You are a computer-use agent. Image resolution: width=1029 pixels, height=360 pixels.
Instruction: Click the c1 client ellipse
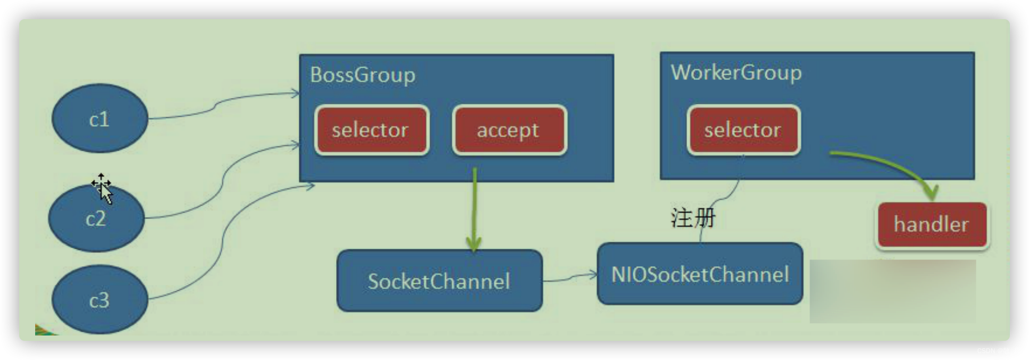[x=100, y=119]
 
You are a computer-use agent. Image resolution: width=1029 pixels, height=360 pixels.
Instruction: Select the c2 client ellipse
[x=96, y=218]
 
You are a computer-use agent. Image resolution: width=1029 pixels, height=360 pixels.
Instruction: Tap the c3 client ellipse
[x=100, y=300]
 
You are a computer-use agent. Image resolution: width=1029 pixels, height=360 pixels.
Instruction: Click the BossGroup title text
[x=362, y=75]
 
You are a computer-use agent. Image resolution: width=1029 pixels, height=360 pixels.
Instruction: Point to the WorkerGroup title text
[x=736, y=72]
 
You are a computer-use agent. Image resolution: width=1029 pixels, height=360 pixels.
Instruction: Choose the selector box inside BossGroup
[x=371, y=130]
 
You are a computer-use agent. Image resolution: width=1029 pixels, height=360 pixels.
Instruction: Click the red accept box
[x=509, y=130]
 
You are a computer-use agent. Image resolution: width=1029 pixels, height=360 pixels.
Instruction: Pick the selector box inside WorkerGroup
[x=743, y=130]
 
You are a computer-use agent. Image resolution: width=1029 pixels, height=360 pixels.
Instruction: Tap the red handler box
[x=932, y=224]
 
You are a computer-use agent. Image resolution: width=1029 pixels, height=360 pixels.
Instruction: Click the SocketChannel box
[x=439, y=281]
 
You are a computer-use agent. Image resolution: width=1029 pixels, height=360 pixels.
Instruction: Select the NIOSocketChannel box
[x=700, y=274]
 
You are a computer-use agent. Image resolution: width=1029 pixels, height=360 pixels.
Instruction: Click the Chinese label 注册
[x=692, y=218]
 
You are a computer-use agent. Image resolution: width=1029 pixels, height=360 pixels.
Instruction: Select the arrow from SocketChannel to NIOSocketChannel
[x=570, y=277]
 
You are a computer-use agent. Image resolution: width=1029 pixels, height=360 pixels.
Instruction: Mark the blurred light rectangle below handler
[x=893, y=291]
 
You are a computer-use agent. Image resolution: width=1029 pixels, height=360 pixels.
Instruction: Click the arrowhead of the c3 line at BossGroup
[x=311, y=185]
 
